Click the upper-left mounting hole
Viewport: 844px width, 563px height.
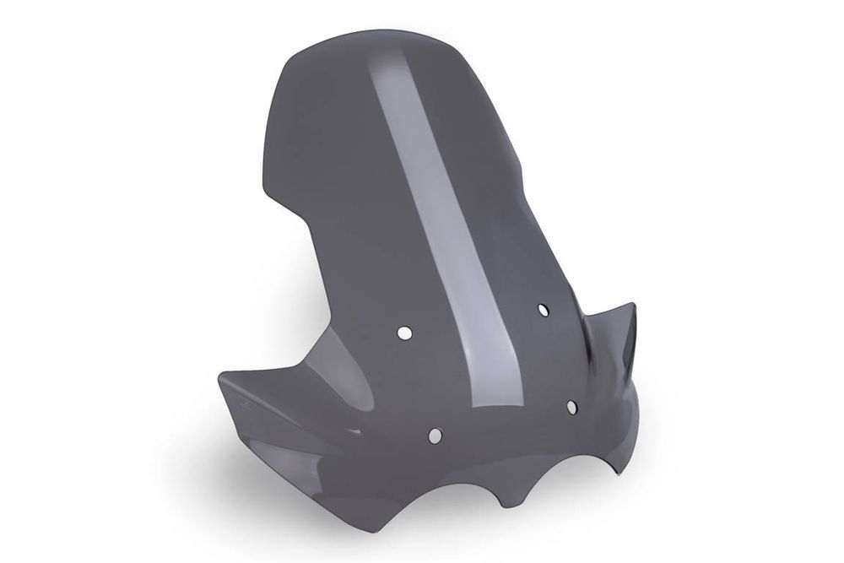click(404, 333)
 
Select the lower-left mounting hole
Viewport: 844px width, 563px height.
click(435, 436)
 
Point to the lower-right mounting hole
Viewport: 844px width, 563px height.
click(571, 408)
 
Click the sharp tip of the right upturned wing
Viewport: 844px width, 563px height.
click(632, 306)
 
